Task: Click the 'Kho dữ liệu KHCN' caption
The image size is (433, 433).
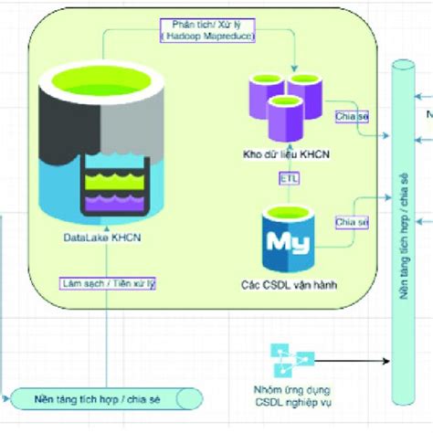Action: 287,154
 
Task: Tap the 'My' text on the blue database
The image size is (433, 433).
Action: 284,242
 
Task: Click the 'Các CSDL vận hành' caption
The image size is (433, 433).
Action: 288,285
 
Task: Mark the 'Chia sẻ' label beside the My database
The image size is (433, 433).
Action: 351,222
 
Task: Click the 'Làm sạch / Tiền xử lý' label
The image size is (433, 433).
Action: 107,284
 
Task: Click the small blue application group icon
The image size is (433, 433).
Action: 291,358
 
